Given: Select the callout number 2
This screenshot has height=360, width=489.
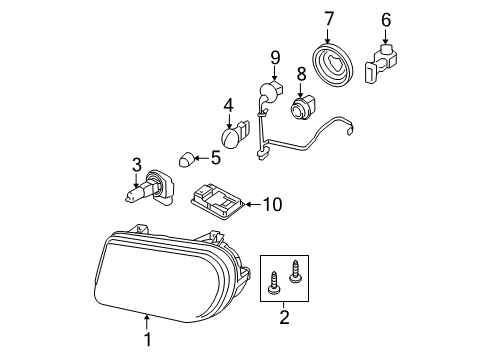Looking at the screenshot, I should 283,318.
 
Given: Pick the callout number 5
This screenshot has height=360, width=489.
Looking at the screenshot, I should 214,157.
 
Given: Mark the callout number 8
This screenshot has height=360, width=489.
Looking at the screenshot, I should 300,73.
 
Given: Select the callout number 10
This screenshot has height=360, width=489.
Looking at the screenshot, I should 272,205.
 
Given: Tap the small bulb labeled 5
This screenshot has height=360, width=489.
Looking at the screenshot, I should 184,157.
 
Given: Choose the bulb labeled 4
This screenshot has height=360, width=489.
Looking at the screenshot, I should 231,133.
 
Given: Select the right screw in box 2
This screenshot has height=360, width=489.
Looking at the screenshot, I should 295,269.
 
